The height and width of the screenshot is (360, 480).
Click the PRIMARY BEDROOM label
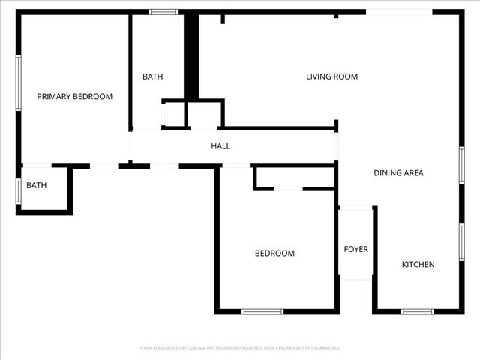click(x=75, y=96)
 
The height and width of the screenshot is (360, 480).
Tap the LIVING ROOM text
click(x=331, y=76)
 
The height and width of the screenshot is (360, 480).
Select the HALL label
click(x=220, y=146)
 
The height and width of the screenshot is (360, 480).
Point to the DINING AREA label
click(x=398, y=173)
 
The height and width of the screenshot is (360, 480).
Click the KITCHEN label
click(x=418, y=264)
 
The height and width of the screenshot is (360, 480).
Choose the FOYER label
click(x=355, y=249)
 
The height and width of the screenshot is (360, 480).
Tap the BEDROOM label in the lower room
click(x=274, y=253)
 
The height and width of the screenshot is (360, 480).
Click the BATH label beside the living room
click(x=153, y=76)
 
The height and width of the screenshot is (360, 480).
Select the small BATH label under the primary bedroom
click(x=36, y=185)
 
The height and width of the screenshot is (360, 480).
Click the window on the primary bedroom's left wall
click(x=18, y=82)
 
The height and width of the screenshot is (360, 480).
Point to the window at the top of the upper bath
click(x=163, y=12)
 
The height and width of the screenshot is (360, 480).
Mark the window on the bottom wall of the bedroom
click(x=262, y=311)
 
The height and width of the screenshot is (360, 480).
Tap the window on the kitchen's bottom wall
click(x=417, y=311)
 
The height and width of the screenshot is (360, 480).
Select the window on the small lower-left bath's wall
click(x=18, y=189)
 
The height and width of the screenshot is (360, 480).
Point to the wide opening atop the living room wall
click(x=398, y=12)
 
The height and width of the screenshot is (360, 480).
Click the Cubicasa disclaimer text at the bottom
click(x=240, y=348)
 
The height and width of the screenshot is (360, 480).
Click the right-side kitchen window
click(x=462, y=241)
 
